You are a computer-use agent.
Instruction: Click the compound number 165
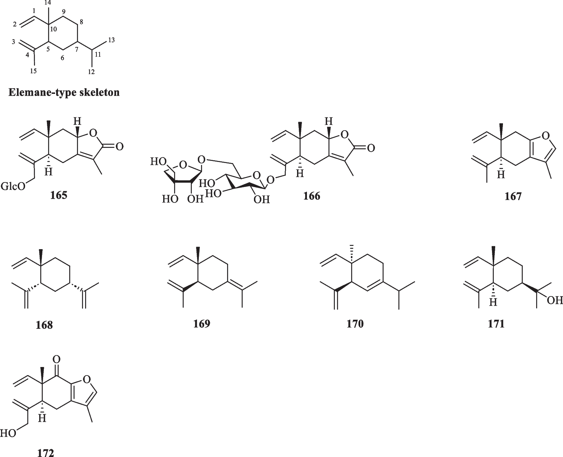[x=59, y=195]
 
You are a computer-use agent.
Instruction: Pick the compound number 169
[x=202, y=323]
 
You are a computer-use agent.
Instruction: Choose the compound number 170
[x=355, y=323]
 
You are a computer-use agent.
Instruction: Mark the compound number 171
[x=496, y=323]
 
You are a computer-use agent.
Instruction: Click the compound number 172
[x=46, y=453]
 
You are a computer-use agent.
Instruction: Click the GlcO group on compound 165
[x=13, y=186]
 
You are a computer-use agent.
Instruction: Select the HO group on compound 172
[x=8, y=433]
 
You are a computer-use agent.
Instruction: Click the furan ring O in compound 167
[x=545, y=136]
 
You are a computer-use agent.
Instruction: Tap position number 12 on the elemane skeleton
[x=91, y=72]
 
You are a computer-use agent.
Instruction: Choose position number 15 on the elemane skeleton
[x=33, y=71]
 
